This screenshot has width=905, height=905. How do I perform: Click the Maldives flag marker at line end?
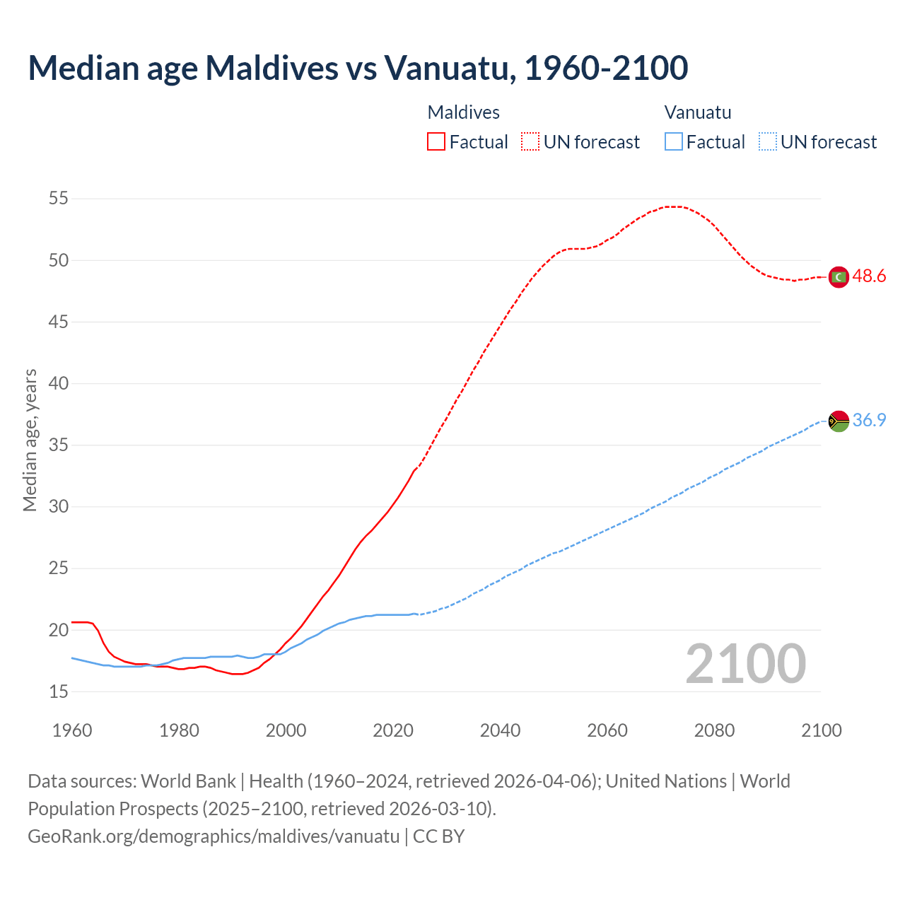pos(839,277)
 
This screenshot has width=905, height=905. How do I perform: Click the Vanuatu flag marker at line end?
pos(839,421)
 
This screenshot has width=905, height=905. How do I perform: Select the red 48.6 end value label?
pos(869,276)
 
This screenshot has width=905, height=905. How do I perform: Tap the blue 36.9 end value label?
pos(869,420)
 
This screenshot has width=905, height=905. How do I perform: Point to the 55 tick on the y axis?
pos(59,199)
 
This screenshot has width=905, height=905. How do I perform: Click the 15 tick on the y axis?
pos(59,691)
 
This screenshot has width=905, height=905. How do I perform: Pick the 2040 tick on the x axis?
pos(500,730)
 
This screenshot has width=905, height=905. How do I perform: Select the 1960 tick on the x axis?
pos(72,730)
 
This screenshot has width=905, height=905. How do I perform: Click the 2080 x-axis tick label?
pos(714,730)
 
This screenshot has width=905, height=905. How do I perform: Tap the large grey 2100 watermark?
pos(745,664)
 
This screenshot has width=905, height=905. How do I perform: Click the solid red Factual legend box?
pos(436,142)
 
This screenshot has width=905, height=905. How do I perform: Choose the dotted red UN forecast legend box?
pos(530,142)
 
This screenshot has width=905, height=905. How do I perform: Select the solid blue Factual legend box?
pos(674,142)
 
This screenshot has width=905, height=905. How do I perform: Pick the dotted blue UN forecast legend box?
pos(767,142)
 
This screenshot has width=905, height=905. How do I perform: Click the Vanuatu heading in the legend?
pos(698,112)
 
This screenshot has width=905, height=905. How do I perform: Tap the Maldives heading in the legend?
pos(464,112)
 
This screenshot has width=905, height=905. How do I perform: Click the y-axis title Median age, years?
pos(30,440)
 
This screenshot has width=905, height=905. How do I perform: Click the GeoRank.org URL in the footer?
pos(214,836)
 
